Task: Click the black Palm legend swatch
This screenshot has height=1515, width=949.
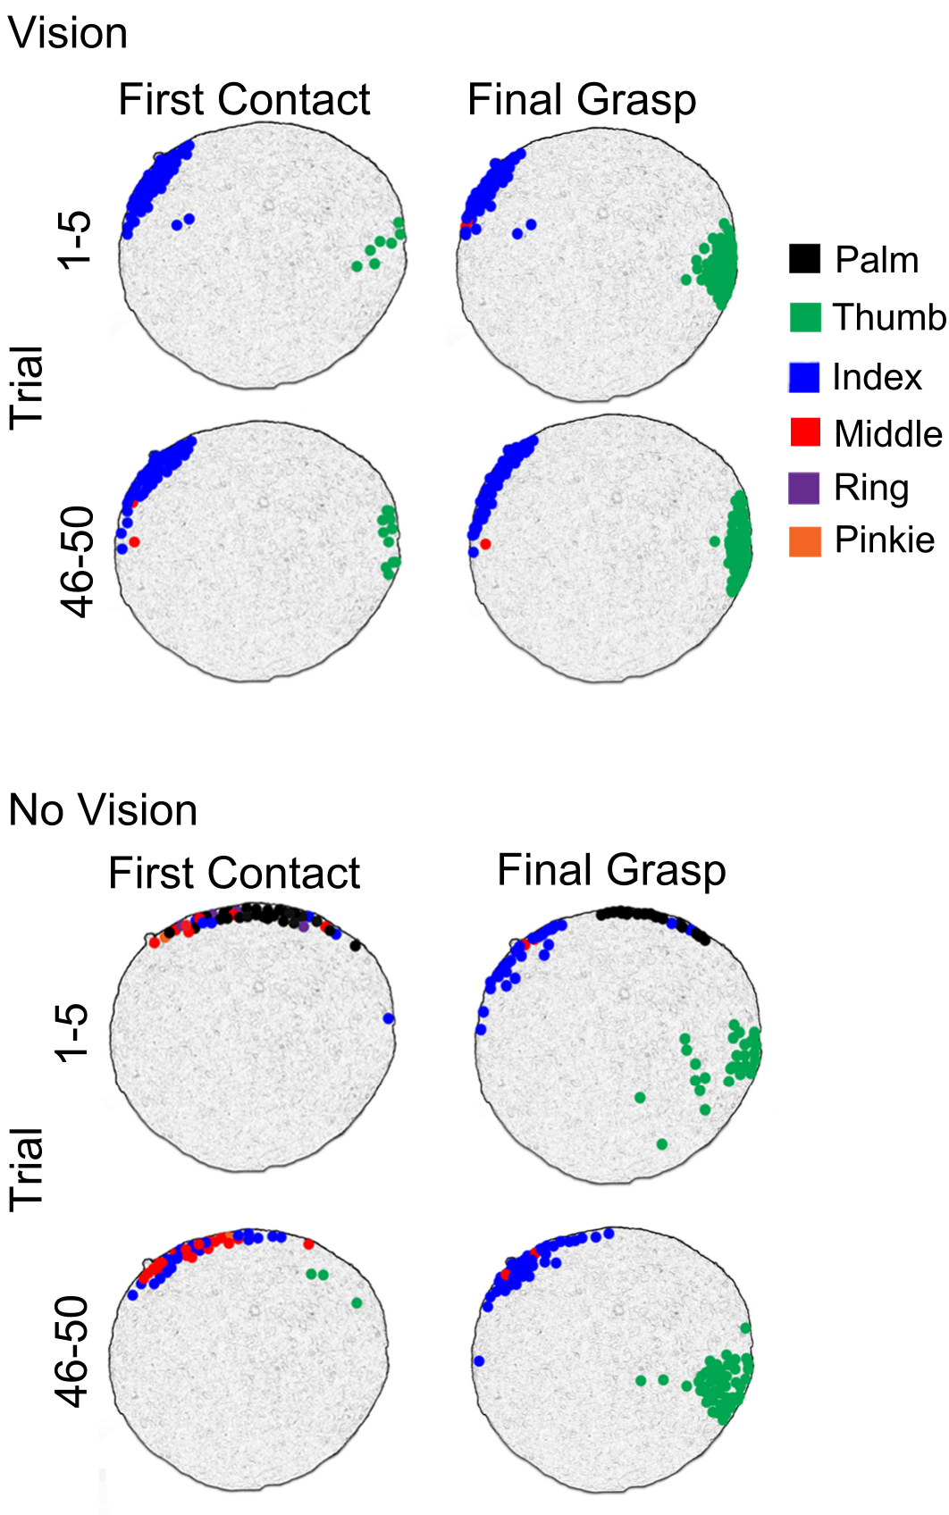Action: click(x=804, y=259)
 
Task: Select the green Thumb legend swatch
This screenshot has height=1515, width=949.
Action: click(x=805, y=317)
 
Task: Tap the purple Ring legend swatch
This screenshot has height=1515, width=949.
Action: click(x=804, y=488)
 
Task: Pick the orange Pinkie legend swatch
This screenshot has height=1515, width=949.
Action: click(x=805, y=540)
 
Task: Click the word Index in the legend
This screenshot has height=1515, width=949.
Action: click(x=877, y=377)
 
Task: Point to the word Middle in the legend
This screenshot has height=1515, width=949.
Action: click(x=887, y=434)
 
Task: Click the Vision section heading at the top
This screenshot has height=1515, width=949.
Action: click(x=68, y=34)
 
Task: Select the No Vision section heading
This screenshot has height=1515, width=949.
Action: click(x=103, y=810)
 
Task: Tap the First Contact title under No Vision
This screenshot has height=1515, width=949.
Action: click(x=234, y=873)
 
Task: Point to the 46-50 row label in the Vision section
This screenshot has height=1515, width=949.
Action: click(x=79, y=562)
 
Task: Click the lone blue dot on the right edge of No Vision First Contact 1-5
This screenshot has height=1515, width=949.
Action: click(x=388, y=1018)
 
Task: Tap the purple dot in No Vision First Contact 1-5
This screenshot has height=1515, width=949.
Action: click(x=304, y=928)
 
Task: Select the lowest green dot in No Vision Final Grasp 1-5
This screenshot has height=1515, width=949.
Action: click(x=662, y=1143)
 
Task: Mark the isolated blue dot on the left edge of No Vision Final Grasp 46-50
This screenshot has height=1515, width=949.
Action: click(x=479, y=1360)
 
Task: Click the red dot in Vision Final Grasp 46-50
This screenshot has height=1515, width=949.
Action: click(x=485, y=543)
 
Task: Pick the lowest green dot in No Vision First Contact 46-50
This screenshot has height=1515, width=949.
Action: click(x=357, y=1302)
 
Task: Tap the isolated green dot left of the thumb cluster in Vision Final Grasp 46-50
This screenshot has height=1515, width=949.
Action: click(x=714, y=541)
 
